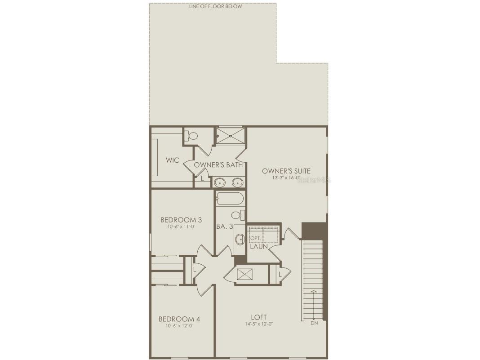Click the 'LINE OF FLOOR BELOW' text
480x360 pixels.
pyautogui.click(x=216, y=6)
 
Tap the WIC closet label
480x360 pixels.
pyautogui.click(x=173, y=160)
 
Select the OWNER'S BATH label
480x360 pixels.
pyautogui.click(x=218, y=165)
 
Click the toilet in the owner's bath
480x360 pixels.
pyautogui.click(x=192, y=136)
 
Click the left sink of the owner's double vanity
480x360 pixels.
pyautogui.click(x=220, y=183)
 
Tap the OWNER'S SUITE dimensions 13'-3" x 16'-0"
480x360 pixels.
pyautogui.click(x=285, y=178)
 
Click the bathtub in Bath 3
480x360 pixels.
pyautogui.click(x=230, y=199)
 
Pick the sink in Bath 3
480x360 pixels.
pyautogui.click(x=240, y=239)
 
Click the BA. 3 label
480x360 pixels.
pyautogui.click(x=225, y=227)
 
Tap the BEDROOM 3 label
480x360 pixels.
pyautogui.click(x=181, y=220)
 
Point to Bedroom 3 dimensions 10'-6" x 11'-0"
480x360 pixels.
pyautogui.click(x=181, y=227)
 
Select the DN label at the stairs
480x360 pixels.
pyautogui.click(x=314, y=323)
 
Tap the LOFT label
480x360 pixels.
pyautogui.click(x=259, y=317)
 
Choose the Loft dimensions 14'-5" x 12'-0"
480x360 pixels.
pyautogui.click(x=259, y=324)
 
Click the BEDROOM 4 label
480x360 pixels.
pyautogui.click(x=179, y=319)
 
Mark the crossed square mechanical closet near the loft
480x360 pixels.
pyautogui.click(x=245, y=274)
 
